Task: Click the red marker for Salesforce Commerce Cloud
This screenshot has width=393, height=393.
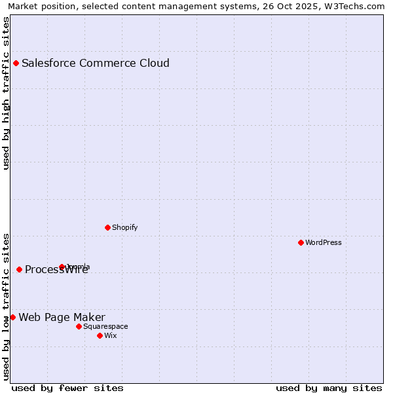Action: (16, 64)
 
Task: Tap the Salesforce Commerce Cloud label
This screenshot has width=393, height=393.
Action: (96, 64)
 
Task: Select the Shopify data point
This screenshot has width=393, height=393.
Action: (107, 227)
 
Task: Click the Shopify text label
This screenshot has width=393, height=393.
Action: (124, 227)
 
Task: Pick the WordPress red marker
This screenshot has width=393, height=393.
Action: (301, 242)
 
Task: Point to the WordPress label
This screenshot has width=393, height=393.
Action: (324, 242)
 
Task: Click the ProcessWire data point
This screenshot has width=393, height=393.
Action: (20, 269)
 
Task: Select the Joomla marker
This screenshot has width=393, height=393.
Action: (62, 267)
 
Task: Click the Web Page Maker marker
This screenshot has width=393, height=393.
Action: (12, 317)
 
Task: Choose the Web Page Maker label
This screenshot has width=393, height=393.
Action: (62, 318)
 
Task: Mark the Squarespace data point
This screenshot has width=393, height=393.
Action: (79, 326)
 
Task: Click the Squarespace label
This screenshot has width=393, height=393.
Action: (105, 326)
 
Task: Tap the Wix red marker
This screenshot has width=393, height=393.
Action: (100, 335)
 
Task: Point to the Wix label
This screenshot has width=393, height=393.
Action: (110, 335)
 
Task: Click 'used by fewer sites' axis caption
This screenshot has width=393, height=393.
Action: (67, 388)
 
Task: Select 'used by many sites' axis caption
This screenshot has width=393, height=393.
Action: (329, 388)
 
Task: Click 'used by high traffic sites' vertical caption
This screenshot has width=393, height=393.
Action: (7, 93)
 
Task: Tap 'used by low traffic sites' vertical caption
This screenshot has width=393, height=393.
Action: (7, 306)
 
